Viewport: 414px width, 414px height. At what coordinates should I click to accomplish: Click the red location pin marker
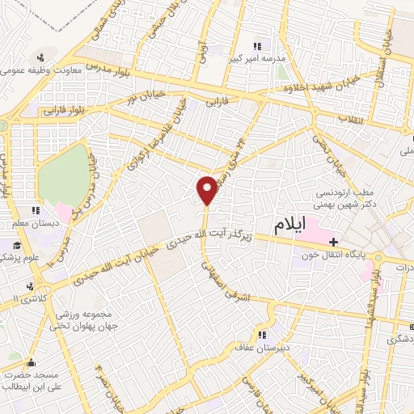[x=207, y=191]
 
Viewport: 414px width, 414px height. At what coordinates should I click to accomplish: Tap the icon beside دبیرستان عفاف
[x=260, y=332]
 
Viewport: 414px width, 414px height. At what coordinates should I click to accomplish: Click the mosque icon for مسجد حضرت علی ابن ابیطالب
[x=32, y=364]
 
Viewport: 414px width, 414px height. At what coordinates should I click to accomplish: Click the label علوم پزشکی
[x=22, y=257]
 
